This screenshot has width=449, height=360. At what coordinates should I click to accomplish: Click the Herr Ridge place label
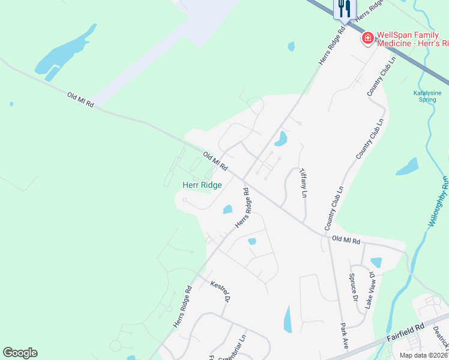(202, 185)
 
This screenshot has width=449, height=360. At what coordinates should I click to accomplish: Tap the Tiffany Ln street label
(303, 182)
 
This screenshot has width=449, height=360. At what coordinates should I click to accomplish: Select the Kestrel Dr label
(220, 291)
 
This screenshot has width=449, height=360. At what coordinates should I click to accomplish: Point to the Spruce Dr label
(354, 289)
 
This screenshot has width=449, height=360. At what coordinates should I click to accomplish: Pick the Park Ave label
(345, 336)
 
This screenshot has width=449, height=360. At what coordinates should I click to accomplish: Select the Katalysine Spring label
(427, 96)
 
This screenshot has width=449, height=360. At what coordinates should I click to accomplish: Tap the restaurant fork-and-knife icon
(344, 8)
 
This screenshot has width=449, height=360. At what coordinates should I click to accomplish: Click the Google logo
(20, 353)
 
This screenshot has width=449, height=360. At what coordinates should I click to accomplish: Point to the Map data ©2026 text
(423, 355)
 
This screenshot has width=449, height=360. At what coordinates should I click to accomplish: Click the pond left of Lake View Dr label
(376, 262)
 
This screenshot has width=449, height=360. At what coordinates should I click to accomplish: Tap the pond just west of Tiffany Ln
(280, 139)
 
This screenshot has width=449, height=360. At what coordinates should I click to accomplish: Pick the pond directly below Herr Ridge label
(228, 209)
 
